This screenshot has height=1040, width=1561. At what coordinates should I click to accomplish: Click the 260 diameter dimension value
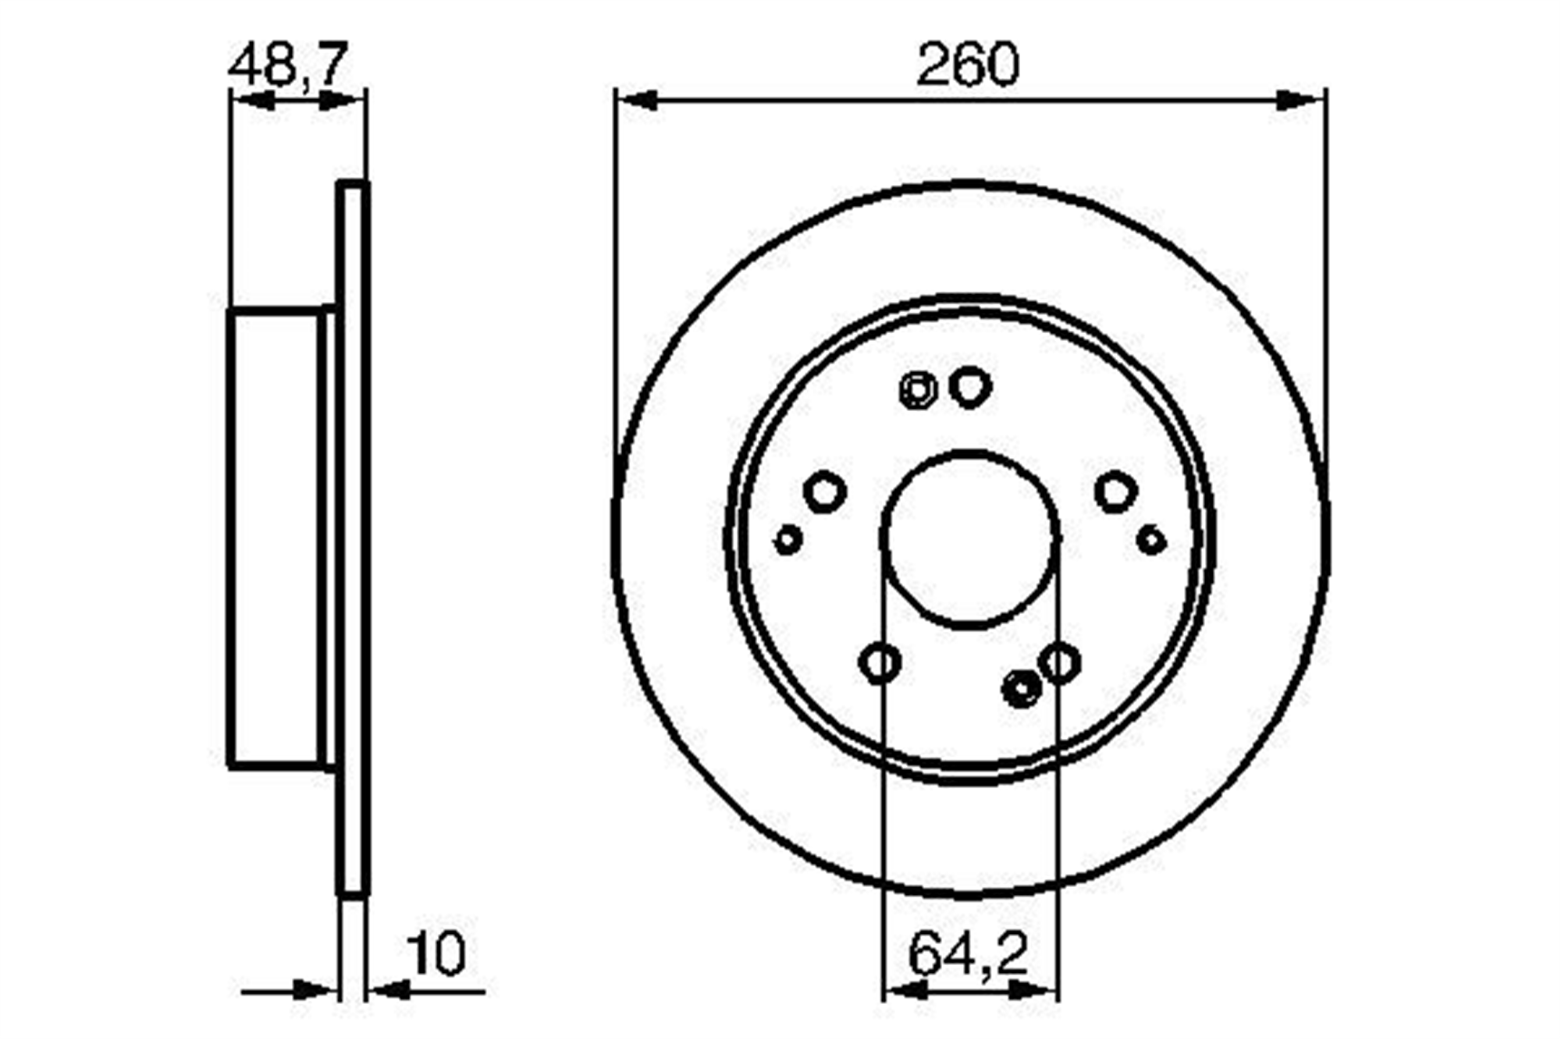tap(968, 65)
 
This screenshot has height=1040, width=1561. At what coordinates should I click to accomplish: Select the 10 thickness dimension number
tap(436, 953)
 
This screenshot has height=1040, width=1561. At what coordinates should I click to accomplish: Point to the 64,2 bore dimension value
tap(968, 953)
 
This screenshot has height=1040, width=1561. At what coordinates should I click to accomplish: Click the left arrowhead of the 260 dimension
tap(637, 100)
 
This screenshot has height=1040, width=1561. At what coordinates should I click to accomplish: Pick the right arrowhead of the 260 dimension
tap(1302, 100)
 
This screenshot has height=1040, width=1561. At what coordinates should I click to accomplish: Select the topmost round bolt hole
tap(971, 387)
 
